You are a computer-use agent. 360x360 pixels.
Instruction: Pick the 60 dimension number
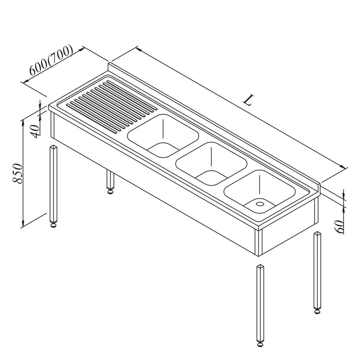click(339, 227)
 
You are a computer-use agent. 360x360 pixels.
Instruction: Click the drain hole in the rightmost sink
click(260, 203)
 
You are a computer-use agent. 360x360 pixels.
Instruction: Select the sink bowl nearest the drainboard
click(163, 136)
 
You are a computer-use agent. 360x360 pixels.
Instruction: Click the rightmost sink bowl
click(259, 191)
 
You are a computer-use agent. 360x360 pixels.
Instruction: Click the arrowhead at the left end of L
click(139, 49)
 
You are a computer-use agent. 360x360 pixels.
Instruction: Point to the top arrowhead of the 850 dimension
click(23, 123)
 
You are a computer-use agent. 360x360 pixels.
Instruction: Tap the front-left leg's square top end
click(53, 147)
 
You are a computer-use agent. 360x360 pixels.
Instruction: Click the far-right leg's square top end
click(317, 233)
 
